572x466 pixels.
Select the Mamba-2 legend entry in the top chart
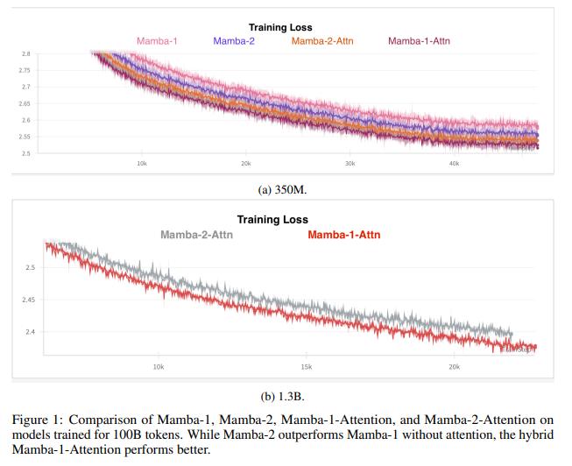(234, 40)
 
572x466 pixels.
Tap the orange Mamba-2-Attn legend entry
(322, 40)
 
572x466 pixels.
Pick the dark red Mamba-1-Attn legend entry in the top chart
(419, 40)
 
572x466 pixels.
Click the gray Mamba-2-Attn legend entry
(198, 235)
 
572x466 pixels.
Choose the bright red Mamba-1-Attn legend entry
(344, 235)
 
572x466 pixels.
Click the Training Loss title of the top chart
(280, 28)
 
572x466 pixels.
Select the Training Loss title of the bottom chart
(273, 220)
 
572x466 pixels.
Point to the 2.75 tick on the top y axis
(24, 70)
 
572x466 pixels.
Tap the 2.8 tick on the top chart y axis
(25, 53)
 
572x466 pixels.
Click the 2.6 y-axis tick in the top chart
(25, 120)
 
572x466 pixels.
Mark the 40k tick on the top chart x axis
(454, 163)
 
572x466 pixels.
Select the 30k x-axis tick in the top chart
(350, 163)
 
